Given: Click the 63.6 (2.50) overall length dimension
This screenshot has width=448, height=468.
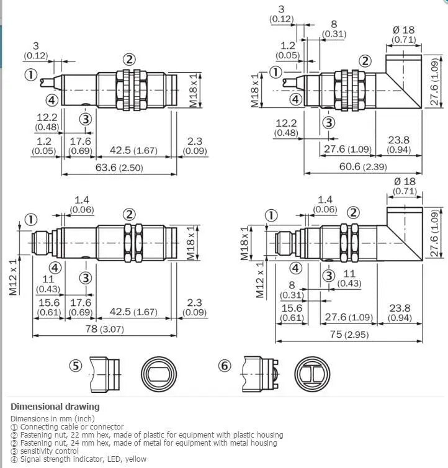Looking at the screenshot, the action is (119, 168).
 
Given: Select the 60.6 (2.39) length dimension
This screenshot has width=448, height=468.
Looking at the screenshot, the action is (363, 166).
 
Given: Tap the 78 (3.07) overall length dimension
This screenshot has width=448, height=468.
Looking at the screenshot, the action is (104, 329).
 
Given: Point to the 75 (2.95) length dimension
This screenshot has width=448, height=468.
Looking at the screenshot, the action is (349, 335).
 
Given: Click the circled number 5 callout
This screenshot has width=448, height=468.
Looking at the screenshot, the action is (76, 366).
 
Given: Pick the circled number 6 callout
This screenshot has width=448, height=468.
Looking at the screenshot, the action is (225, 366).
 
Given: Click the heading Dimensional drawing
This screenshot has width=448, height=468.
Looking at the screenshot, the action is (55, 407).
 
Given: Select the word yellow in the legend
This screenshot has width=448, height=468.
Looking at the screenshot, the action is (136, 459).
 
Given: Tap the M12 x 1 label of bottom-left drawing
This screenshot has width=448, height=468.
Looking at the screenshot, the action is (14, 277).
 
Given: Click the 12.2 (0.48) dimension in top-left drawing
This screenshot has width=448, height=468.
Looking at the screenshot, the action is (47, 122).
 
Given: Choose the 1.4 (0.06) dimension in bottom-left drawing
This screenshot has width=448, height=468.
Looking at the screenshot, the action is (82, 205).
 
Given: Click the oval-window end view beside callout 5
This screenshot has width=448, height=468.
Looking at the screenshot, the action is (159, 374).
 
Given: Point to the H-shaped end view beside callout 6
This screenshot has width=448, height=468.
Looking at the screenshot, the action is (312, 374).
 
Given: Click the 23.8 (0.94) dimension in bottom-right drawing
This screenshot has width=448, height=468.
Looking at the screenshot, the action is (400, 313).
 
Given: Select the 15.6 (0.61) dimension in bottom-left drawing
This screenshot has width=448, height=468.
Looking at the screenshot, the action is (49, 307).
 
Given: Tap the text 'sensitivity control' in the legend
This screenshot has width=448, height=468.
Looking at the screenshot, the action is (50, 451).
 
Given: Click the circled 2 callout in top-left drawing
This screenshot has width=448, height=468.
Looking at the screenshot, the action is (129, 60).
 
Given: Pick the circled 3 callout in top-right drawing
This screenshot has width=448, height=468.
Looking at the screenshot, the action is (329, 122).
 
